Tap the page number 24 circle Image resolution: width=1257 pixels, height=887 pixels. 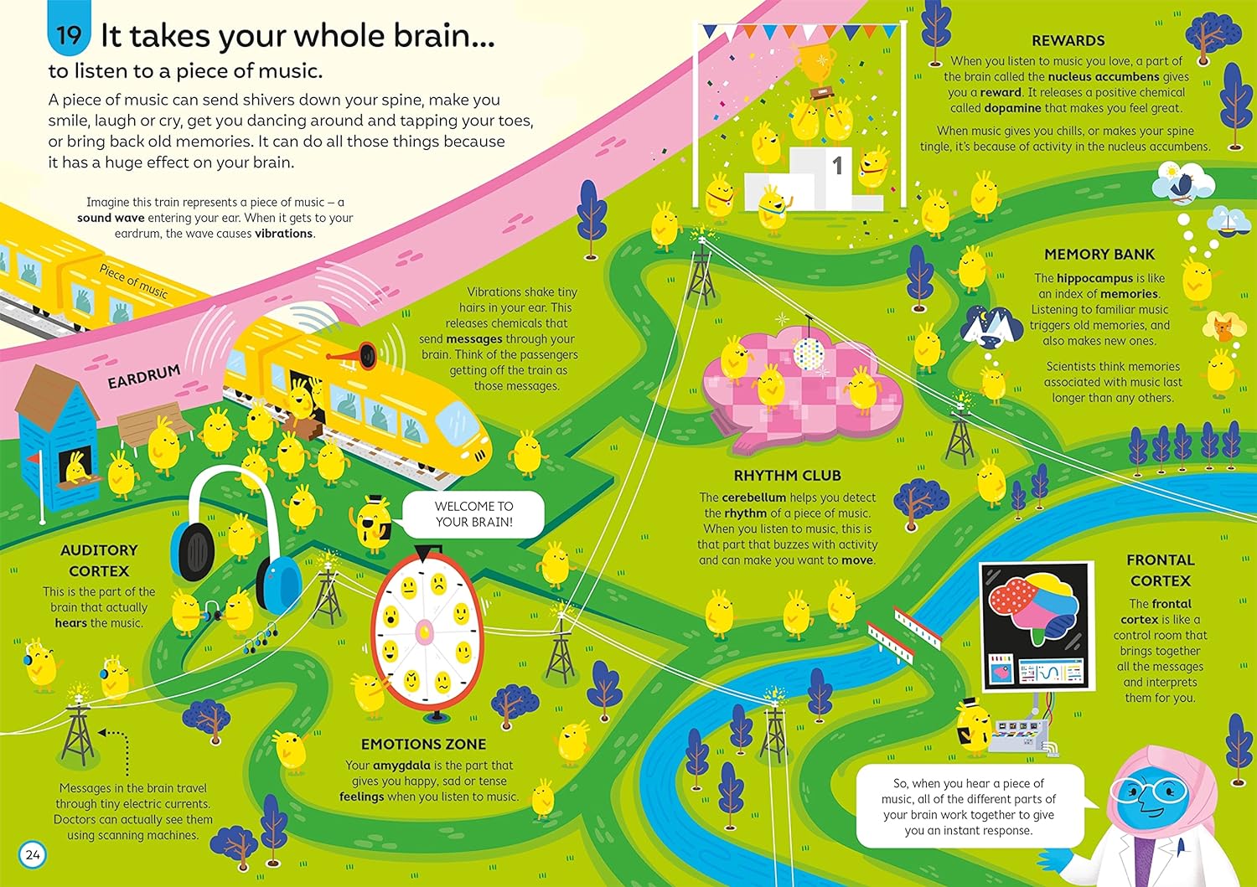(x=33, y=855)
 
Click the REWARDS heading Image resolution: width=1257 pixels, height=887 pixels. (x=1068, y=40)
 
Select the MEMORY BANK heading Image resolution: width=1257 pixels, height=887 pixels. (x=1099, y=255)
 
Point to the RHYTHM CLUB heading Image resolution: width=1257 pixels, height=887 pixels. (x=787, y=476)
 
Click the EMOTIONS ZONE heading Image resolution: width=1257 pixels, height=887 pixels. (x=423, y=744)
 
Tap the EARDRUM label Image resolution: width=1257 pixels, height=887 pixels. (x=143, y=377)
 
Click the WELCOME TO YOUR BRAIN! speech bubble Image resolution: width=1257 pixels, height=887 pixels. (x=473, y=514)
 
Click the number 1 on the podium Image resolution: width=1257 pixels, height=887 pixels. (x=836, y=166)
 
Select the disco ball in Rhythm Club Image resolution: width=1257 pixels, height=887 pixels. (x=808, y=351)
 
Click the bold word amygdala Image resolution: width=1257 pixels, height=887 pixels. (x=401, y=766)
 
